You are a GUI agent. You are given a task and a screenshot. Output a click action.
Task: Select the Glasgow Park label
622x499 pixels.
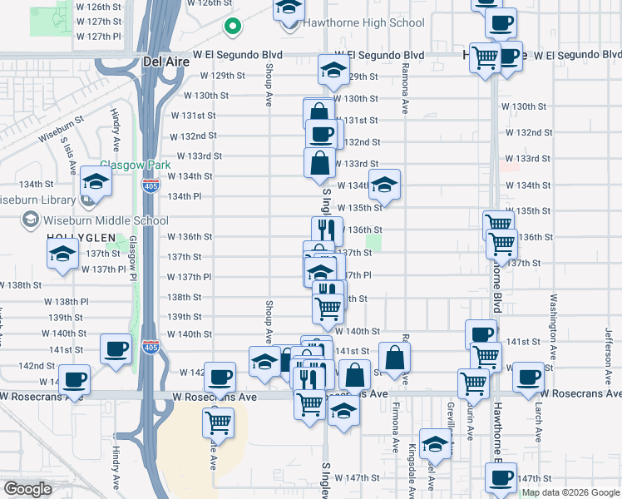coord(129,165)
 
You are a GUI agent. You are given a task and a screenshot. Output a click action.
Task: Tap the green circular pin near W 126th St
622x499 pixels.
coord(234,28)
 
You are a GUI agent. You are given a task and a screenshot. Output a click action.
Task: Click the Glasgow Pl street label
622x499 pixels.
coord(131,258)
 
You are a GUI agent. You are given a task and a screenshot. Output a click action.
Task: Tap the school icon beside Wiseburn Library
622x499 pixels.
coord(96,184)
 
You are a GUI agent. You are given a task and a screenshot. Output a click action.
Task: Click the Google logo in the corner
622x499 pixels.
coord(27,489)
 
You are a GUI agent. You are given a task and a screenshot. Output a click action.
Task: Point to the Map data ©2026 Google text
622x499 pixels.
coord(571,492)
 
